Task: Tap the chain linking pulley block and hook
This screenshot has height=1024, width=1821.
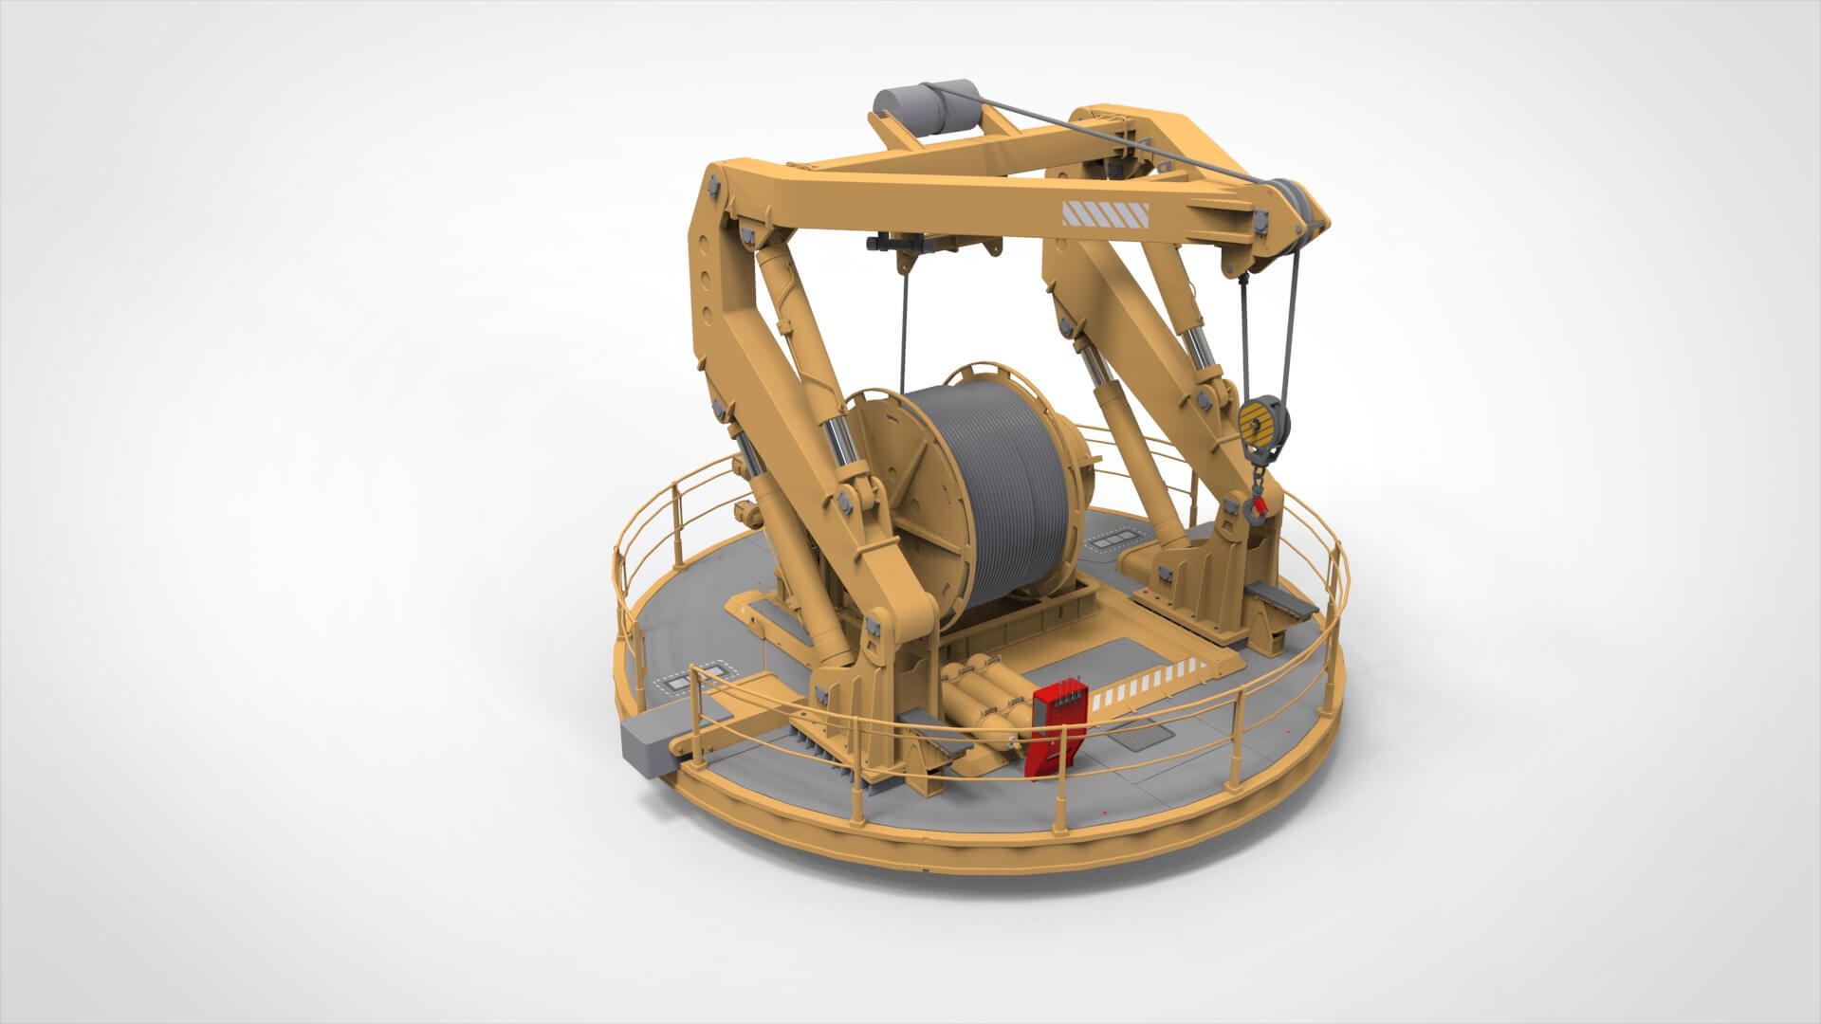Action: (x=1259, y=474)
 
